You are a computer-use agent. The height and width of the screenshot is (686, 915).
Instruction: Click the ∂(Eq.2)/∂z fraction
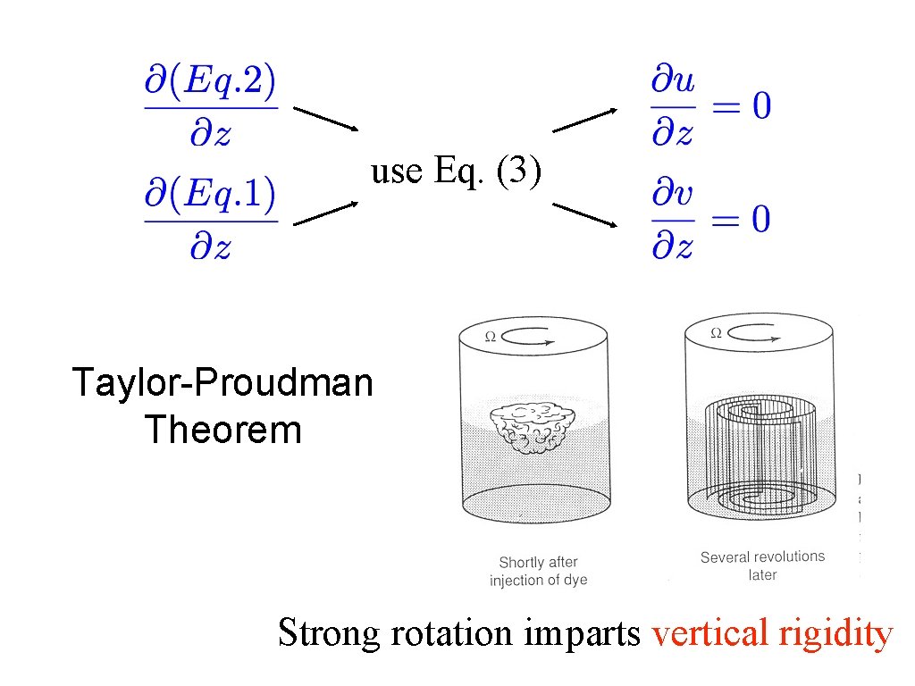[211, 109]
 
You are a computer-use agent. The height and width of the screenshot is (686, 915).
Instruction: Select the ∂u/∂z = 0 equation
[709, 109]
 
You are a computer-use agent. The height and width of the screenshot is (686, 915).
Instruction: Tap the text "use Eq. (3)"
[456, 170]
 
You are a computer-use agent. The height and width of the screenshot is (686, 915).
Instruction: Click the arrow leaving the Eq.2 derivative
[326, 120]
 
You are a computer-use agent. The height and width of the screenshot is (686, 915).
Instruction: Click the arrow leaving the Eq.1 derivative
[326, 212]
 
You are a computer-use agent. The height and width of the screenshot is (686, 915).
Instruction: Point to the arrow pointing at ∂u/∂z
[584, 121]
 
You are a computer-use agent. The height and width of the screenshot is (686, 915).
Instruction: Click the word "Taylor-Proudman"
[222, 383]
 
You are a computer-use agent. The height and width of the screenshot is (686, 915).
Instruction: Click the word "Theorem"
[222, 431]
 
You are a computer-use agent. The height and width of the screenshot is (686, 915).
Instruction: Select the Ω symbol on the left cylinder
[490, 337]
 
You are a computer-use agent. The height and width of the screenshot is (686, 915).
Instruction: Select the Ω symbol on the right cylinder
[716, 333]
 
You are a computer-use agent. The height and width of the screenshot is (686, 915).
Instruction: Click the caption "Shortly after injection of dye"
[538, 571]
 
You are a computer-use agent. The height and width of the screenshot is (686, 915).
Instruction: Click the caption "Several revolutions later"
[762, 565]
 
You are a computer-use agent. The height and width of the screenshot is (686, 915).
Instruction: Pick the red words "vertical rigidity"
[772, 633]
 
